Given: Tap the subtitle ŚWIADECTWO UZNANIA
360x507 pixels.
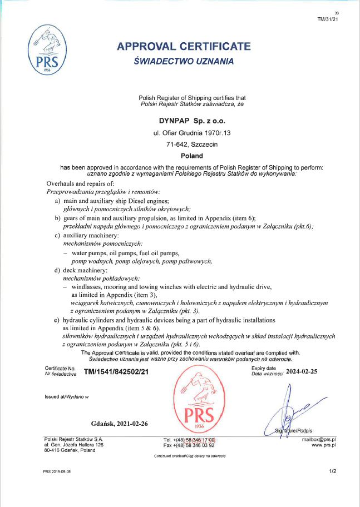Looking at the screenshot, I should [184, 61].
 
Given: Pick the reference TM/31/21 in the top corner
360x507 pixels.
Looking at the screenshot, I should [328, 18].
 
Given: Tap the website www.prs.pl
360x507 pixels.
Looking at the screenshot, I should [323, 445].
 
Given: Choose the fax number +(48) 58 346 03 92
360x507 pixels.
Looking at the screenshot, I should [189, 445].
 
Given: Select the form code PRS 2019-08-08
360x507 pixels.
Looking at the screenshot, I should [57, 471].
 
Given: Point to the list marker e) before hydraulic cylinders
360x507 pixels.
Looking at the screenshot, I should [57, 321].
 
